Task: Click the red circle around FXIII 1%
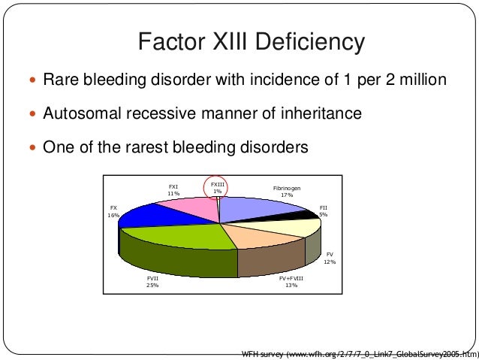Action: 216,189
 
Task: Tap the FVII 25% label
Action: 152,282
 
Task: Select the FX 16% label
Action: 113,210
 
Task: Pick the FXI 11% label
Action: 173,189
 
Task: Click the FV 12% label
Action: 329,259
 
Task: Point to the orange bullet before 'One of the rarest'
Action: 30,148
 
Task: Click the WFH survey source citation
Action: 357,351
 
